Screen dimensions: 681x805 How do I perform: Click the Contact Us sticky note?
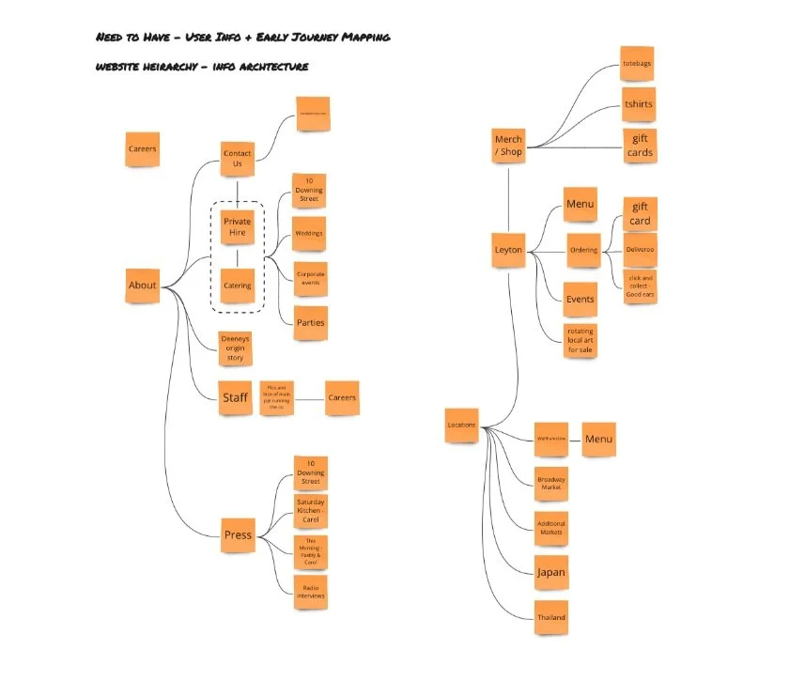click(x=238, y=158)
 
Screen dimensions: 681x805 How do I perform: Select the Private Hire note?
click(x=238, y=227)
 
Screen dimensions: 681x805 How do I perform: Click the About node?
click(x=143, y=286)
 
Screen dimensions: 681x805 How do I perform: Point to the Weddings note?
click(x=309, y=233)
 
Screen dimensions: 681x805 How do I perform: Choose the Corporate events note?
click(x=310, y=278)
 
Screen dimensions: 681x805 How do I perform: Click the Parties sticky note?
click(x=310, y=322)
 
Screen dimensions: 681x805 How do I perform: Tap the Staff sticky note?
click(x=235, y=397)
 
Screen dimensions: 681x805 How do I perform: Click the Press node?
click(x=238, y=534)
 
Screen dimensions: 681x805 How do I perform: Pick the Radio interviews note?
click(x=310, y=591)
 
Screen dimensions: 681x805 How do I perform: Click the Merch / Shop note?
click(x=508, y=146)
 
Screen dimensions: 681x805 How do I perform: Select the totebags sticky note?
click(x=638, y=63)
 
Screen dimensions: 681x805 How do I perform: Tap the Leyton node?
click(x=508, y=250)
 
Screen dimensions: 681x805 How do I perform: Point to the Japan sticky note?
click(x=551, y=571)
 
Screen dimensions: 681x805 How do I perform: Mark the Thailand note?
click(x=551, y=617)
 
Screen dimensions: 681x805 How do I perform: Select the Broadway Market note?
click(x=551, y=484)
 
